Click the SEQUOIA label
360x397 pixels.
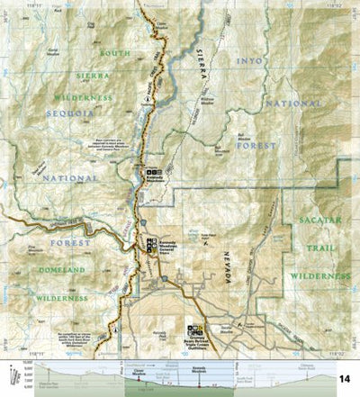pos(40,114)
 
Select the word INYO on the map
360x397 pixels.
pos(249,60)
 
